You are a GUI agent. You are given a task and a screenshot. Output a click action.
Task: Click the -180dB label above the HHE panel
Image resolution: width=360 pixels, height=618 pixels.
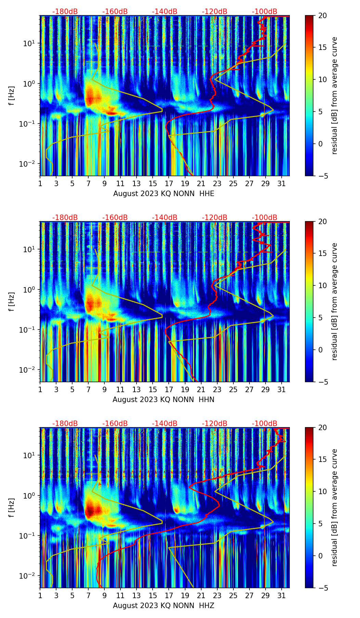65,12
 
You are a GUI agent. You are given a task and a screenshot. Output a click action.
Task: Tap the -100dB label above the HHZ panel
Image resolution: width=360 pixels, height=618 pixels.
265,424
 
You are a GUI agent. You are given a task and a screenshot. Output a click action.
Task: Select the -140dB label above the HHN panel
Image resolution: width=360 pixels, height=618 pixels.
165,218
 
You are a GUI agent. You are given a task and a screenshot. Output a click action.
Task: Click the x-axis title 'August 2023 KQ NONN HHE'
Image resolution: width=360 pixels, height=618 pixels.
164,194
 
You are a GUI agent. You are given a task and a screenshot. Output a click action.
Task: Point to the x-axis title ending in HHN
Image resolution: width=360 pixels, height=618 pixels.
163,400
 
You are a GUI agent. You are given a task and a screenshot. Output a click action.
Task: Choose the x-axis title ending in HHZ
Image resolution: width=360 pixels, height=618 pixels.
163,606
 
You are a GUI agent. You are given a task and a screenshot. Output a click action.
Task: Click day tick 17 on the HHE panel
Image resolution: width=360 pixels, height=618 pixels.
169,183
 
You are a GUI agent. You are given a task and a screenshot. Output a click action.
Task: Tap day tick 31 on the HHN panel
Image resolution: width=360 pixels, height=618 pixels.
282,389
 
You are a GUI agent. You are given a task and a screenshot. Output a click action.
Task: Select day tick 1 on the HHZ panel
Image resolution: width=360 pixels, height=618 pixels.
40,595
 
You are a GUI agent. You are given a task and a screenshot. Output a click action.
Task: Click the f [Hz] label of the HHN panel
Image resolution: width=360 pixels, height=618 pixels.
12,302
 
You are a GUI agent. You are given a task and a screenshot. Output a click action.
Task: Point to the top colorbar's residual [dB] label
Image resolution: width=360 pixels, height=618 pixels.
335,95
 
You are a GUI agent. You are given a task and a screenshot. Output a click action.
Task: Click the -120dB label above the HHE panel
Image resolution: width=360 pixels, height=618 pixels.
215,12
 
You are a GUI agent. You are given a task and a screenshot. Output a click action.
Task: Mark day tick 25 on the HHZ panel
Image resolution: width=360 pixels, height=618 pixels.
233,595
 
